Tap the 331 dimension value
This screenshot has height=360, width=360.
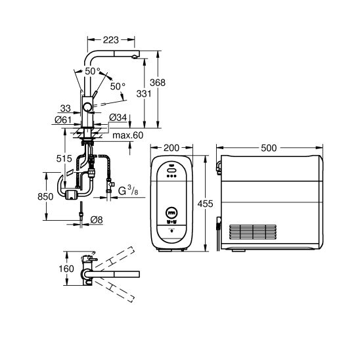(x=143, y=95)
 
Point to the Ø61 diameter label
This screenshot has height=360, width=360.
(x=64, y=119)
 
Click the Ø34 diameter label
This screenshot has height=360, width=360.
(x=118, y=118)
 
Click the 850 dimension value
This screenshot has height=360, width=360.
(x=43, y=196)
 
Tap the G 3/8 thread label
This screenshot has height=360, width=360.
(x=128, y=191)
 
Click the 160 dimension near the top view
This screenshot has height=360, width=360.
(x=64, y=269)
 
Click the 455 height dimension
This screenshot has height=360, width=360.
(x=206, y=205)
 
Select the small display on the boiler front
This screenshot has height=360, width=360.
(x=171, y=213)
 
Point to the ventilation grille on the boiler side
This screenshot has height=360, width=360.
(x=248, y=231)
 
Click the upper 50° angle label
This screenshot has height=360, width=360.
(x=93, y=70)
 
